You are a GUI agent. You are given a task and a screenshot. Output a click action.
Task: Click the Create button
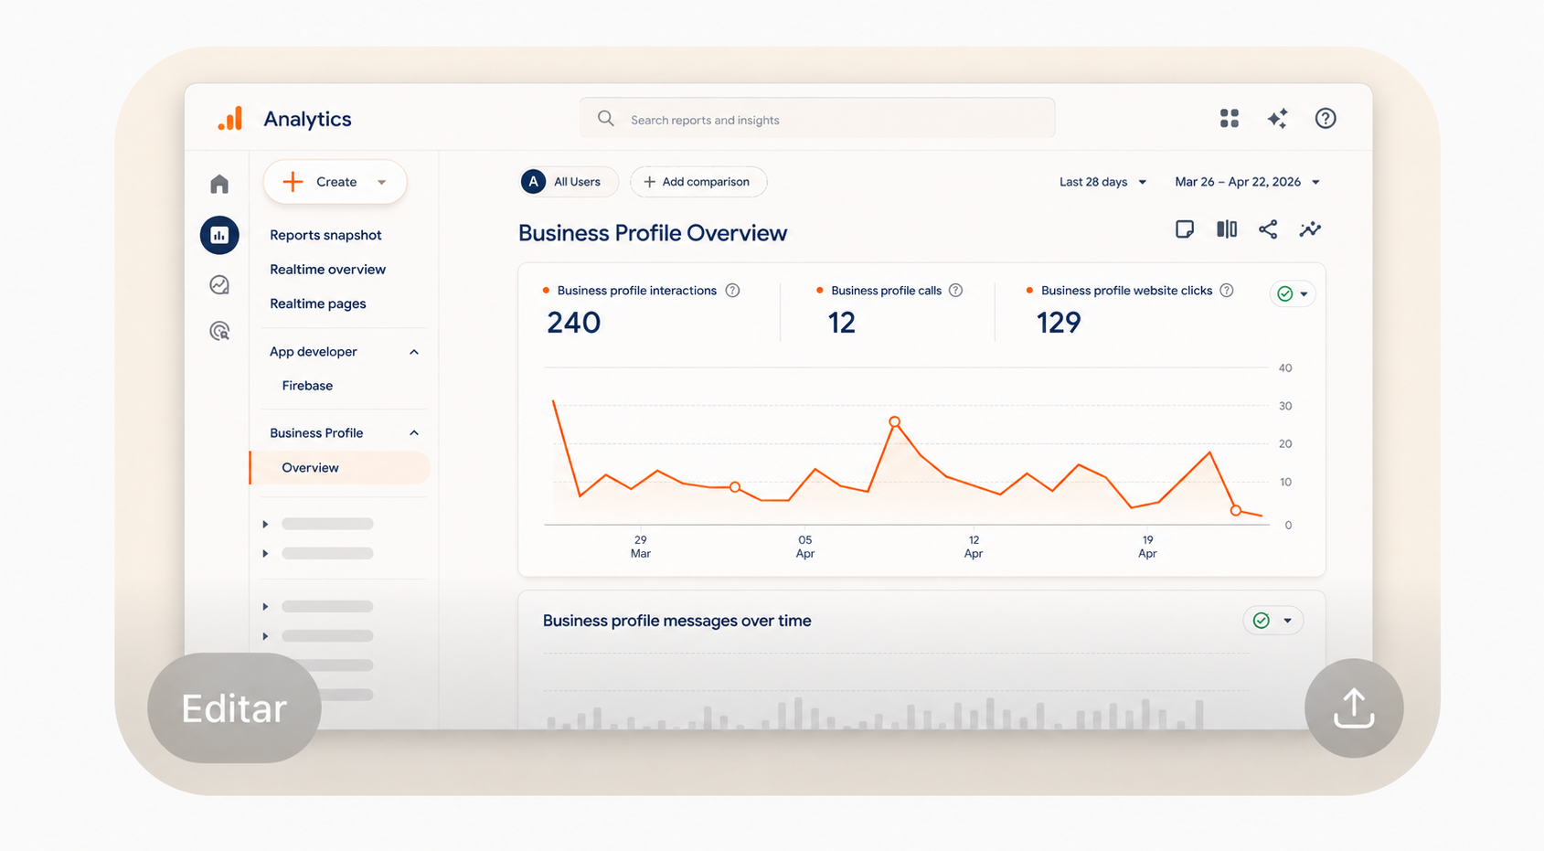[335, 182]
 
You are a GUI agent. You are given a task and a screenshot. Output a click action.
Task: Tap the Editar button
[234, 707]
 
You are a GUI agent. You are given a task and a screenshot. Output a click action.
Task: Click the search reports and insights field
[817, 119]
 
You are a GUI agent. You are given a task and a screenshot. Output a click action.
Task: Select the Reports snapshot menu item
[325, 235]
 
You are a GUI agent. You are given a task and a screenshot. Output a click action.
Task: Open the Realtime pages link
[318, 303]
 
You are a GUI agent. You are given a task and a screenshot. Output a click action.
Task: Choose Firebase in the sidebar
[307, 385]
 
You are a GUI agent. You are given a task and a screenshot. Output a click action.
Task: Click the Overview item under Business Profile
[310, 467]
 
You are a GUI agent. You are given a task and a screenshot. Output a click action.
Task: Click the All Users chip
[569, 182]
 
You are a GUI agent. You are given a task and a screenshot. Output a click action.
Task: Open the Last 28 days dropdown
[1102, 182]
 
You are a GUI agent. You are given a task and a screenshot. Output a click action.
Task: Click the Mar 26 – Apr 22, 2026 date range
[1247, 182]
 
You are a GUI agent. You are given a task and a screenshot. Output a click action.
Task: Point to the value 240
[573, 323]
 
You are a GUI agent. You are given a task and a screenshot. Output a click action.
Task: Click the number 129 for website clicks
[1059, 323]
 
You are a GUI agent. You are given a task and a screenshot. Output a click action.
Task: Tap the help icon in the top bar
[1325, 119]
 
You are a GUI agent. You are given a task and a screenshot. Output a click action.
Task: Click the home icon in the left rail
[219, 184]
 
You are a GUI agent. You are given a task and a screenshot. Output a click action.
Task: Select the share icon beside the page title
[1268, 229]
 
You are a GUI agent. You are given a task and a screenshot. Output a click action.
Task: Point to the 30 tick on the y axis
[1284, 406]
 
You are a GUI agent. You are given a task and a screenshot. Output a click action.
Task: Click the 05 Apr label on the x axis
[805, 547]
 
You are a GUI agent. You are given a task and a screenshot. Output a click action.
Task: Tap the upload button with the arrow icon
[1354, 707]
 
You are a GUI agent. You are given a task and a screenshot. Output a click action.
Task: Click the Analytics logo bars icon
[230, 118]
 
